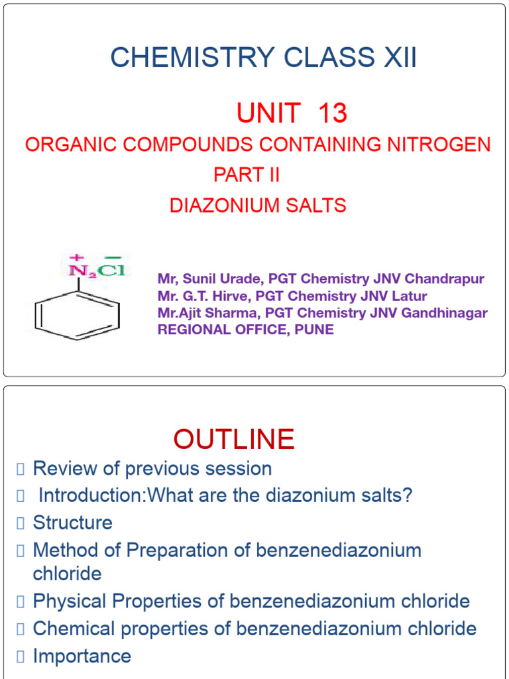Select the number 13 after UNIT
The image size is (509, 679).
(333, 114)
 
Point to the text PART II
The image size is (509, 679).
(247, 175)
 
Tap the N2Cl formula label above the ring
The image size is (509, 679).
(97, 269)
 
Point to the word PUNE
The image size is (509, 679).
(315, 330)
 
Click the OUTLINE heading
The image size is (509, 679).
(234, 439)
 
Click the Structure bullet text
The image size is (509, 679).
(73, 523)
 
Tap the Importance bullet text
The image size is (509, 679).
(82, 656)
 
